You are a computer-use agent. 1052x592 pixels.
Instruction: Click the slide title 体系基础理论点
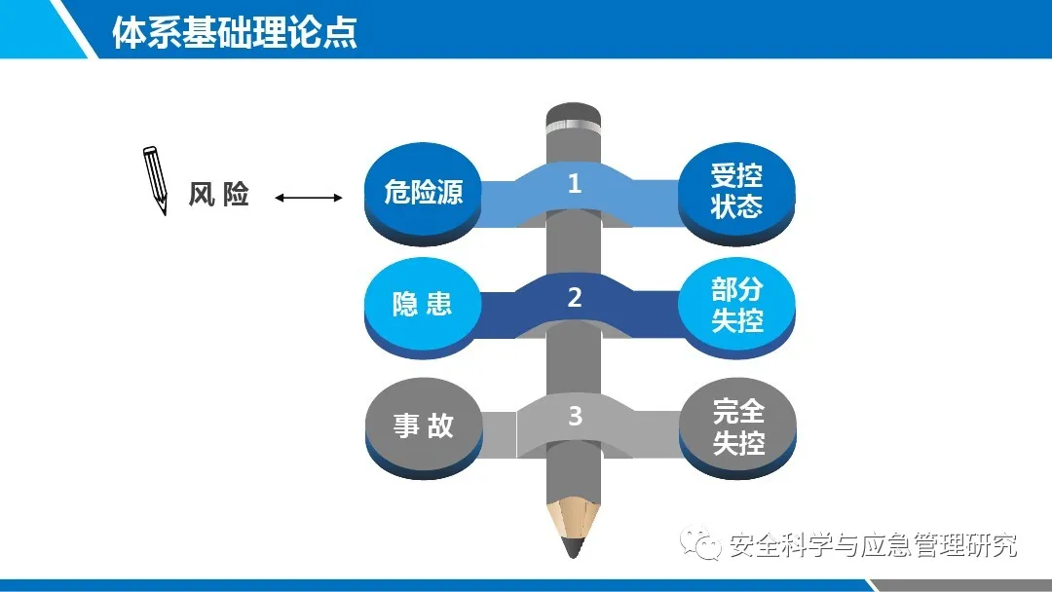[234, 32]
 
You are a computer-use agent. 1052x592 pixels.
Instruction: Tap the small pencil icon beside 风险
[155, 180]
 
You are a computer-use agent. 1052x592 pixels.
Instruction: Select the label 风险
[219, 195]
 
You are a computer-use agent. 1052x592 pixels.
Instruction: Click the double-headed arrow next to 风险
[309, 197]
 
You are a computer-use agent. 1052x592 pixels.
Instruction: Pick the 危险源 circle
[423, 192]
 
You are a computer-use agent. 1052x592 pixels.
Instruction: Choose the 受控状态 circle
[736, 192]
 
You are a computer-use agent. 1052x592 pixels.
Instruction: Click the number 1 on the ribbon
[575, 183]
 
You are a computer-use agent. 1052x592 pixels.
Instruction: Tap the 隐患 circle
[423, 306]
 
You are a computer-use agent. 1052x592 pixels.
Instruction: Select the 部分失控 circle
[736, 306]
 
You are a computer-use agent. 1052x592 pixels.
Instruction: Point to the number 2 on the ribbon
[575, 297]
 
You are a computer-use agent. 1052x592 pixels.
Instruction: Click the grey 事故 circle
[424, 426]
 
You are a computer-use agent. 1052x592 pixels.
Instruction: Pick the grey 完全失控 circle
[738, 426]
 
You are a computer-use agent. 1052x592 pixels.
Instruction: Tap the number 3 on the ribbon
[575, 416]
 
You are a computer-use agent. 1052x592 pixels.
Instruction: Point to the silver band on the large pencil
[573, 123]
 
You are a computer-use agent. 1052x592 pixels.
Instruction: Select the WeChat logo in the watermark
[699, 543]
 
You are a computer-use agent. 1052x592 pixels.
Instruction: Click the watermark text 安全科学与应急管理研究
[872, 545]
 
